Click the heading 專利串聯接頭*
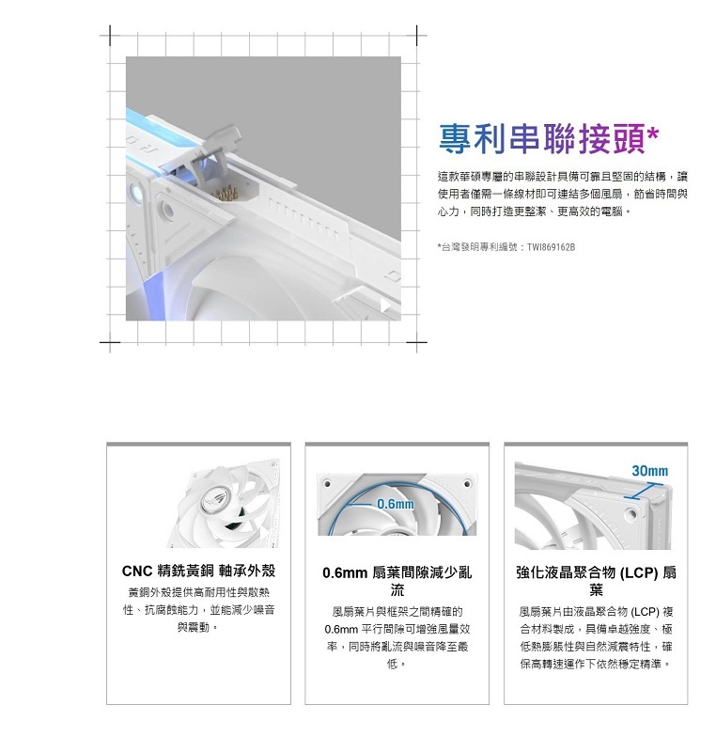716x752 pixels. (549, 139)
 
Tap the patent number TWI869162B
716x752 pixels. (551, 247)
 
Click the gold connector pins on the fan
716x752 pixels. (226, 194)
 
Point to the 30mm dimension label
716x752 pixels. (649, 471)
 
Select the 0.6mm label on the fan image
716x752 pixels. (396, 504)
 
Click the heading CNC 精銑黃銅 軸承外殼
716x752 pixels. (198, 571)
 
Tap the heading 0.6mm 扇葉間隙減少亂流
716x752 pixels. (397, 580)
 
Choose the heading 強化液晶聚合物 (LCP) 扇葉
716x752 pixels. (596, 580)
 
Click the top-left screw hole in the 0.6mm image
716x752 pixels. (326, 483)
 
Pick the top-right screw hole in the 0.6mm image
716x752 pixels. (467, 483)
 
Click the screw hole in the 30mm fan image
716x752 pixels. (631, 514)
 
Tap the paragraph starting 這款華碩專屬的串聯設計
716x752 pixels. (563, 195)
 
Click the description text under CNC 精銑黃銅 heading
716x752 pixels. (198, 610)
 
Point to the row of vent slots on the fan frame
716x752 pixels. (303, 218)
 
